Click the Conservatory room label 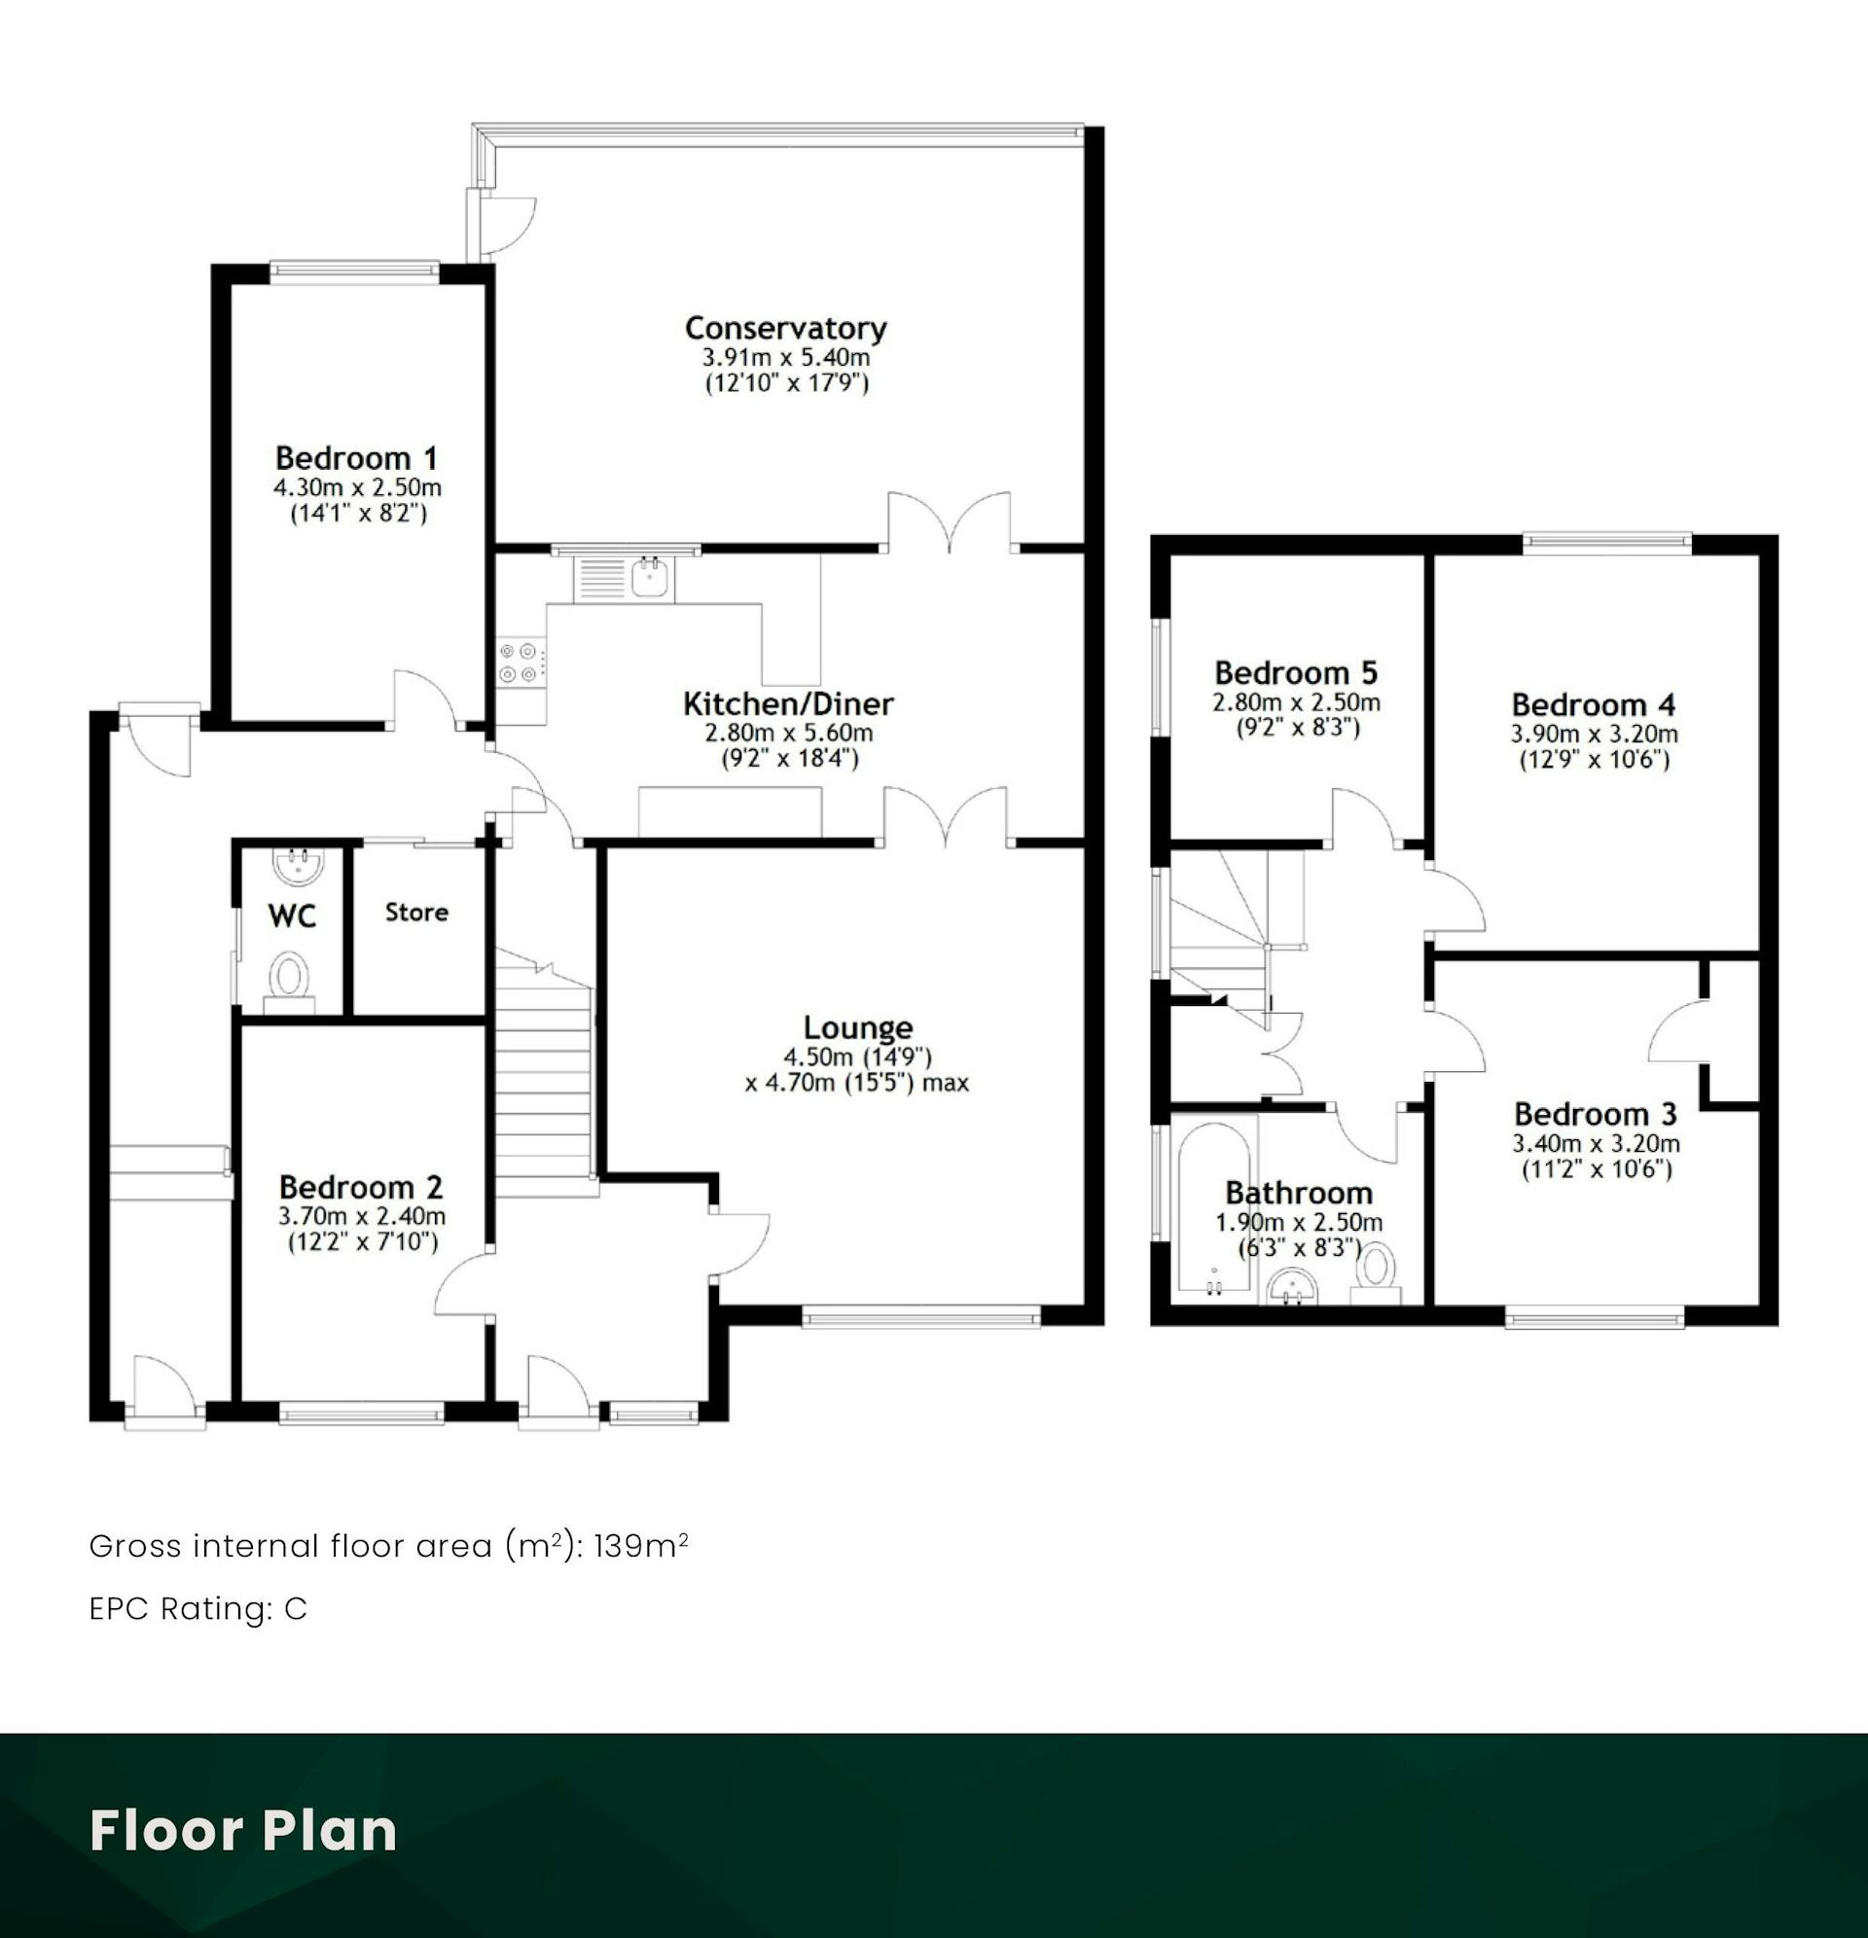[x=785, y=327]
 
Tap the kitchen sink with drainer [x=624, y=580]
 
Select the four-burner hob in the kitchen [x=521, y=663]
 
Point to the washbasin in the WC [x=298, y=865]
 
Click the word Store [x=416, y=912]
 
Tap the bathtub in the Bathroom [x=1213, y=1209]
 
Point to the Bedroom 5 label [x=1295, y=673]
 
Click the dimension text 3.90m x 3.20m [x=1593, y=734]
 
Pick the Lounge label [x=857, y=1027]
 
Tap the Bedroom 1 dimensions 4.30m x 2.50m [x=357, y=487]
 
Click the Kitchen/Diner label [x=788, y=704]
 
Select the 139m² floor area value [x=641, y=1546]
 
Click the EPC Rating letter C [x=296, y=1610]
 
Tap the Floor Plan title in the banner [x=243, y=1831]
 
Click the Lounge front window [x=920, y=1316]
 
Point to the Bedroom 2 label [x=361, y=1187]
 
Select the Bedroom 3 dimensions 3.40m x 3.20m [x=1596, y=1144]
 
